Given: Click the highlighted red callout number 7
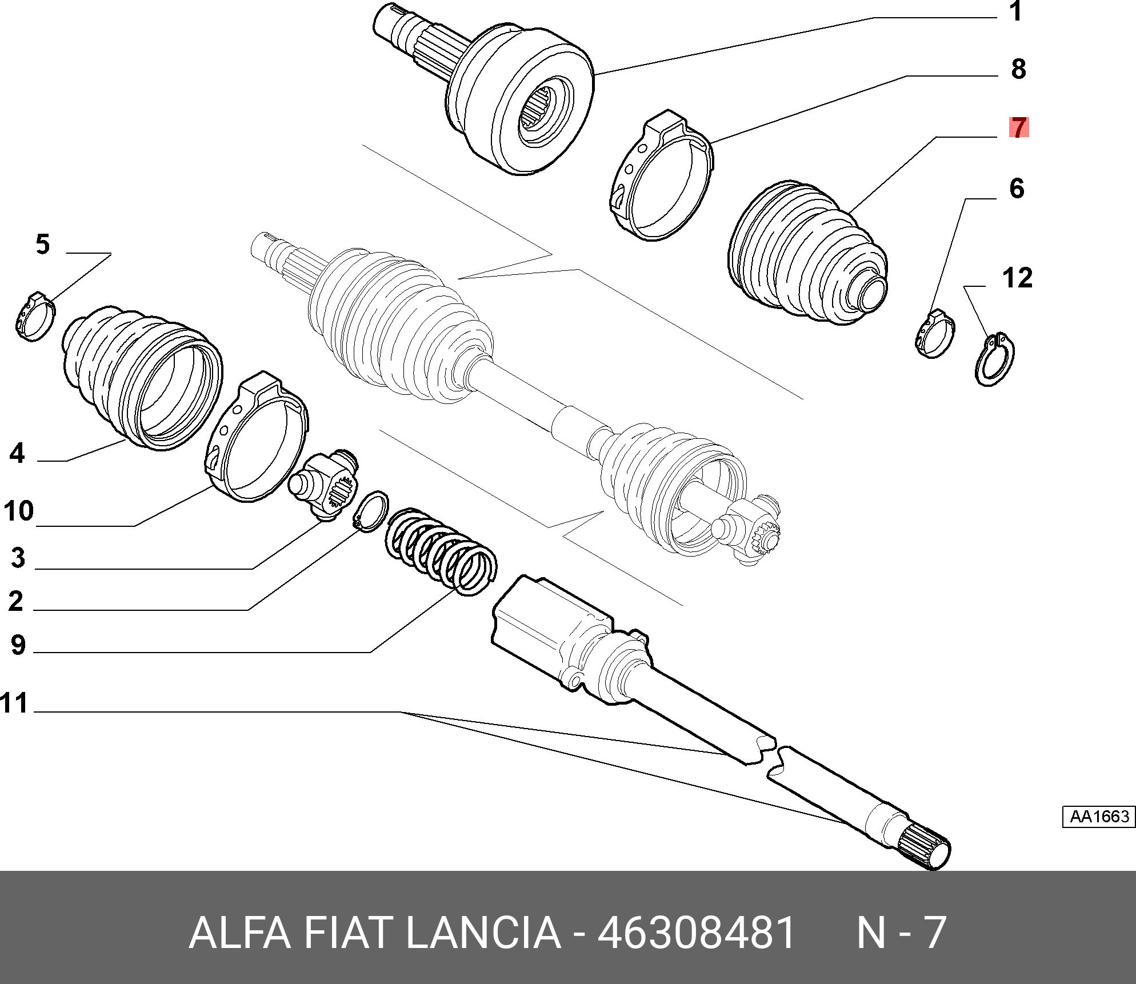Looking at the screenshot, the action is tap(1019, 127).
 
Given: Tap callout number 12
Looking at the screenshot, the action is tap(1017, 278).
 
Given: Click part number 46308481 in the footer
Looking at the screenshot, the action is tap(696, 933).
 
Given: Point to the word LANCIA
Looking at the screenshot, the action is tap(483, 933).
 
